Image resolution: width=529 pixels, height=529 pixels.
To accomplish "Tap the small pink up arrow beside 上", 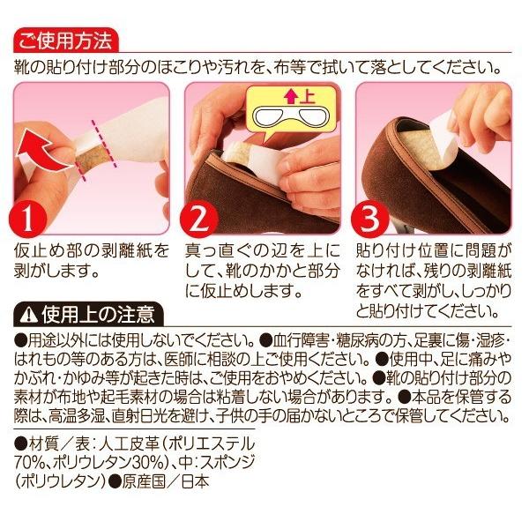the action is tap(291, 97).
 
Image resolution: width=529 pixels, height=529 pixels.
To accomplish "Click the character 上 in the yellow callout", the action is tap(306, 97).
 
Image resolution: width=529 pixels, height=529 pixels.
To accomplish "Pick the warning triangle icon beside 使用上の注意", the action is tap(29, 316).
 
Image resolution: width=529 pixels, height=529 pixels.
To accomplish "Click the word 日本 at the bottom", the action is tap(196, 481).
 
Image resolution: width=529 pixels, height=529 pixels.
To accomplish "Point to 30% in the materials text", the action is tap(147, 463).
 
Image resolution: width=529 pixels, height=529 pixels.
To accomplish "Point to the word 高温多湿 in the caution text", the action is tap(76, 416).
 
